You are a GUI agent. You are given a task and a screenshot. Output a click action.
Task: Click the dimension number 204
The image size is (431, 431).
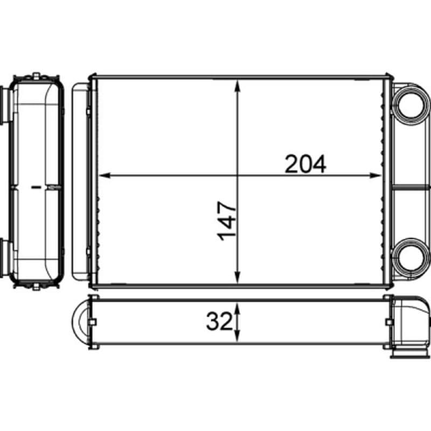[x=305, y=164]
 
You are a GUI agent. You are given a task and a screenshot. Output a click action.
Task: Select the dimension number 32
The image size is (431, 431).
[x=218, y=322]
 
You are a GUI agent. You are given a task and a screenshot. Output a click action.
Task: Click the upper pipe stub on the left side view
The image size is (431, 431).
[x=5, y=104]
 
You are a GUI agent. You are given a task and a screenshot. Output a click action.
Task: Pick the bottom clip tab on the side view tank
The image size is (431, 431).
[x=36, y=285]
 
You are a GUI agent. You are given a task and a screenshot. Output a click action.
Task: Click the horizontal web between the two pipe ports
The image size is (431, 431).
[x=411, y=186]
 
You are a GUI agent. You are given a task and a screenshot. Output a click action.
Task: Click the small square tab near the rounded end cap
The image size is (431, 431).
[x=92, y=322]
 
